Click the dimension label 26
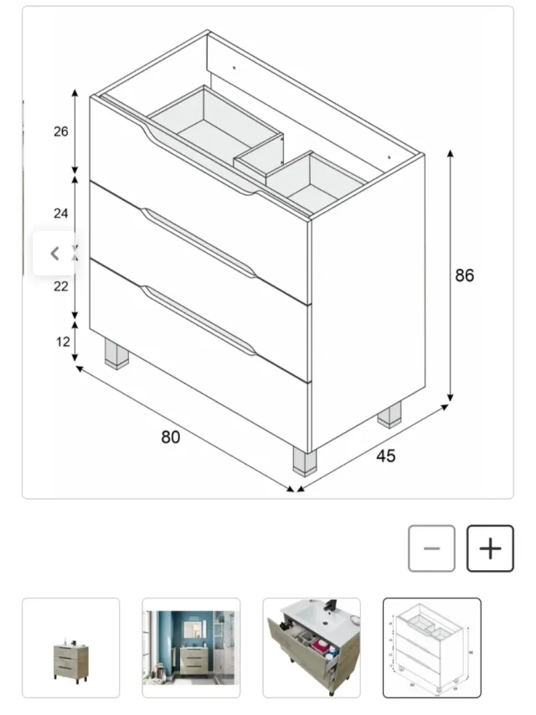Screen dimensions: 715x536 [x=61, y=131]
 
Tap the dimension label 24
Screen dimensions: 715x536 [x=61, y=213]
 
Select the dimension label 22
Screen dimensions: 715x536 [x=61, y=285]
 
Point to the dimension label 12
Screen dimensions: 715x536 [x=61, y=341]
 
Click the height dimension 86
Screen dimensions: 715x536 [x=464, y=275]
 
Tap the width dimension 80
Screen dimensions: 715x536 [x=171, y=436]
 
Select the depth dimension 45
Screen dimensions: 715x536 [x=385, y=456]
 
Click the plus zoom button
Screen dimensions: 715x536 [x=490, y=548]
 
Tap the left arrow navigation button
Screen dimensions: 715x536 [x=55, y=253]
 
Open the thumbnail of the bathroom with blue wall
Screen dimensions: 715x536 [x=191, y=647]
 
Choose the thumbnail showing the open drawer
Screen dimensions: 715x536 [x=312, y=647]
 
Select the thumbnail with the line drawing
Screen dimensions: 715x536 [x=432, y=647]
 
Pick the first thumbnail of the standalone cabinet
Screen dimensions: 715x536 [x=70, y=647]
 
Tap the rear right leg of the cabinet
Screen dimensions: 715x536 [x=389, y=414]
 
